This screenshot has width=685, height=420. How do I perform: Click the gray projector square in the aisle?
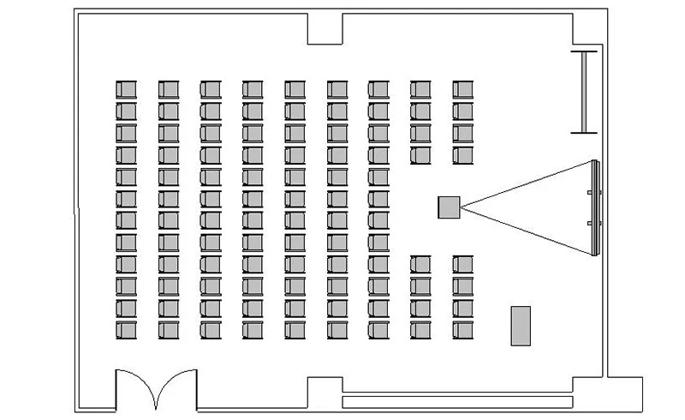coord(449,207)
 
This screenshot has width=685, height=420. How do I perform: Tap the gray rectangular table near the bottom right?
coord(521,326)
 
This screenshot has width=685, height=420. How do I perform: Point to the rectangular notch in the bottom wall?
coord(325,392)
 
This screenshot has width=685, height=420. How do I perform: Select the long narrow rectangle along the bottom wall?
coord(457,401)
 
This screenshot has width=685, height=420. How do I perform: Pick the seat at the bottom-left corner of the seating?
coord(126,329)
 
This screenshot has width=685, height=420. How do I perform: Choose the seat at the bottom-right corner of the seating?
coord(463,329)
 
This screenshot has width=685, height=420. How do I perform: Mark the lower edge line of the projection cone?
coord(527,231)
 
